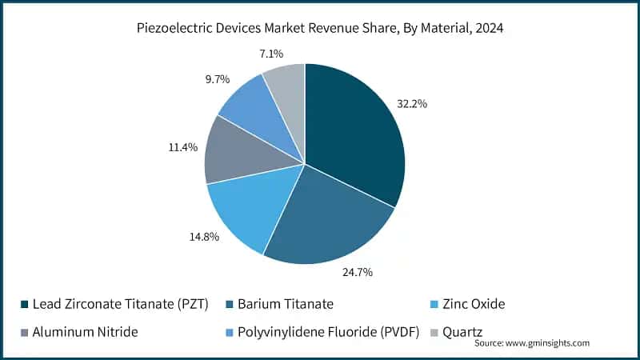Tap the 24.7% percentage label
point(358,272)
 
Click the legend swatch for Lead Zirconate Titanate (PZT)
point(24,304)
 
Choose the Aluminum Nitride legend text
point(85,332)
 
